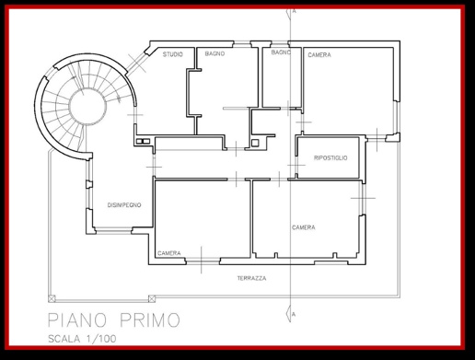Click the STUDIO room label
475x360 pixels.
click(172, 55)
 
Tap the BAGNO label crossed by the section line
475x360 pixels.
click(281, 53)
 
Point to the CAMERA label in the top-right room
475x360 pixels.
click(319, 55)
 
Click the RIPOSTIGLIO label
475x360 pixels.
click(330, 158)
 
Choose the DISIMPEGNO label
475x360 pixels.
click(123, 204)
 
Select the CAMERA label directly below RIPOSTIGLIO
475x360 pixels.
click(304, 227)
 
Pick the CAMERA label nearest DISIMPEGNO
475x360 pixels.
click(168, 253)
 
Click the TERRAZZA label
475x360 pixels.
click(250, 277)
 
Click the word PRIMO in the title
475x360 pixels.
click(149, 321)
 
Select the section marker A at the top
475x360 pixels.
click(293, 10)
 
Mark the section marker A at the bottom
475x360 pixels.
click(293, 314)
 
